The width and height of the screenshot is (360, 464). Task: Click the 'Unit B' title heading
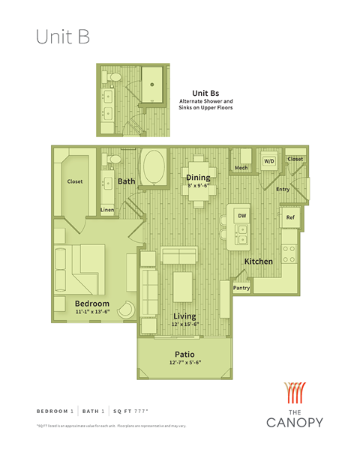click(63, 38)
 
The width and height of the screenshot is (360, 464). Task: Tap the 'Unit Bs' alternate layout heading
click(205, 93)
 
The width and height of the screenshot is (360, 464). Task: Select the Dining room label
click(198, 178)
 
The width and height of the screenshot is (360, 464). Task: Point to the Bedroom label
click(92, 303)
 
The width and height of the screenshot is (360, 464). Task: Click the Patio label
click(184, 354)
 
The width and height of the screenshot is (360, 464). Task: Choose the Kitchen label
click(258, 261)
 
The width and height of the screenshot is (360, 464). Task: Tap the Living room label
click(185, 316)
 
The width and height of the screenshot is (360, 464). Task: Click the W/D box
click(268, 161)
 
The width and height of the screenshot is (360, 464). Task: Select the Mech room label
click(241, 168)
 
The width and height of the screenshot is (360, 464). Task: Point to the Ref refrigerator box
click(290, 217)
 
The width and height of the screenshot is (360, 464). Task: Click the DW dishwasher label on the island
click(241, 216)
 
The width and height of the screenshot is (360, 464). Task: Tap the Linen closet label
click(107, 209)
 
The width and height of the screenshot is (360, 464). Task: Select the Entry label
click(283, 189)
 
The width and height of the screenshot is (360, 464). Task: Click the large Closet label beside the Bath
click(75, 181)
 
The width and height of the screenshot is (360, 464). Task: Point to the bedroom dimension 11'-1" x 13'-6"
click(92, 312)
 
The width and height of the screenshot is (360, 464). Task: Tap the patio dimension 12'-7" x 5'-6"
click(184, 364)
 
